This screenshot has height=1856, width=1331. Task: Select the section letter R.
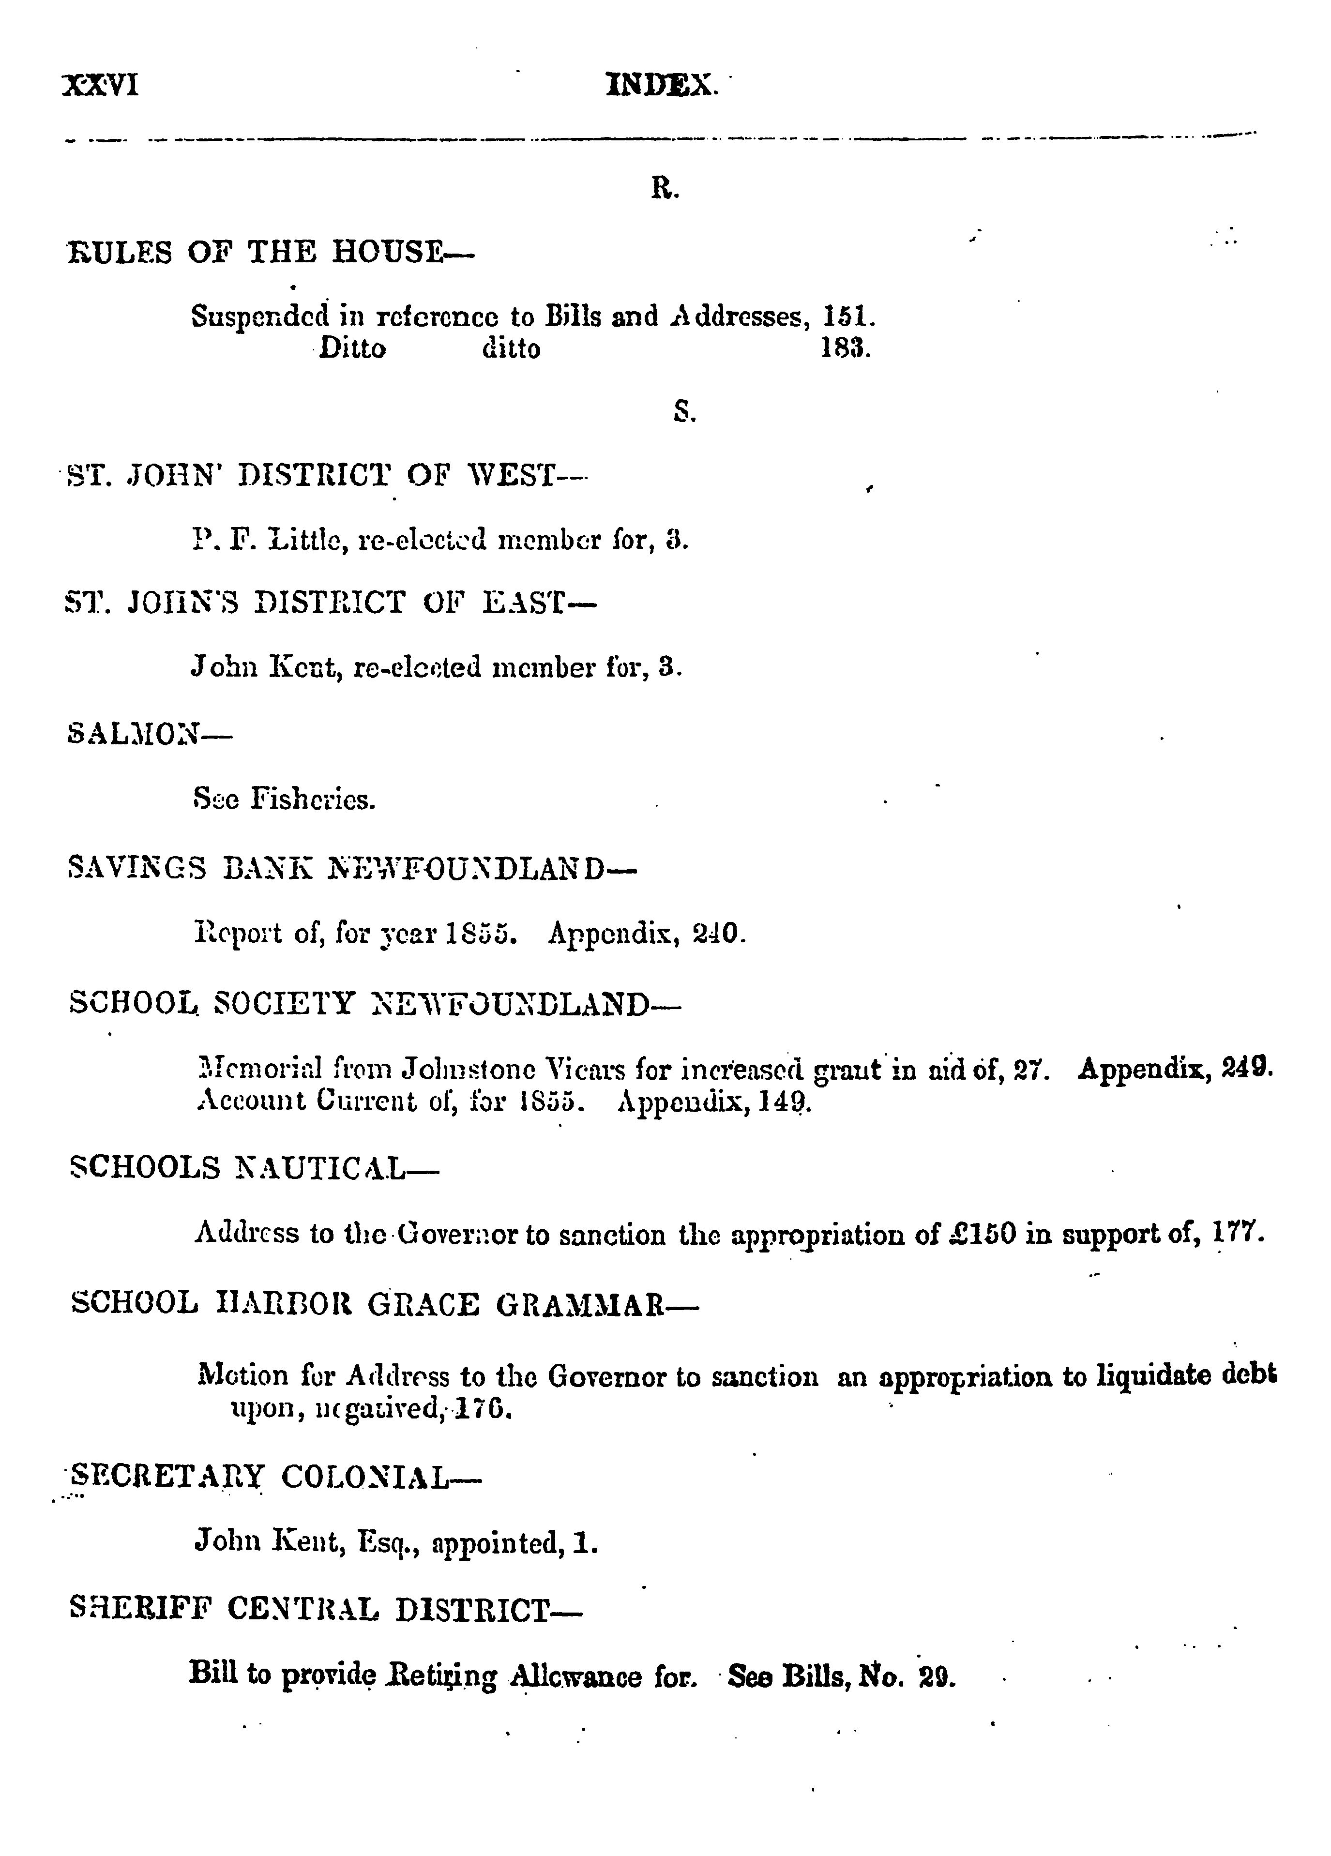665,190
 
